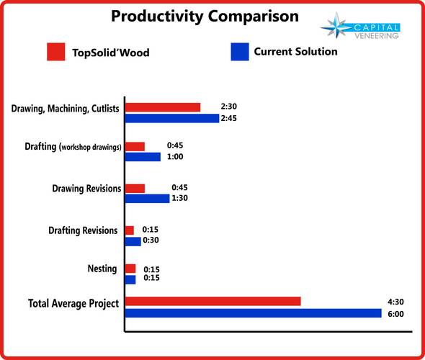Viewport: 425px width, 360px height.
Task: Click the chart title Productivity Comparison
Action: click(x=205, y=17)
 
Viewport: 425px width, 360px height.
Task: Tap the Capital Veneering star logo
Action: click(x=336, y=26)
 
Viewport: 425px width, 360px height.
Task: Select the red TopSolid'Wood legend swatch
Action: click(x=56, y=52)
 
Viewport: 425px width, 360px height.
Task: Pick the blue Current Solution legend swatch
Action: click(x=240, y=52)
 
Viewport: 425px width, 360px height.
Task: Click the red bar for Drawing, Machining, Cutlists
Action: click(x=163, y=107)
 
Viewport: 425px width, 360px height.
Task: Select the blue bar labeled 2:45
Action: click(x=172, y=118)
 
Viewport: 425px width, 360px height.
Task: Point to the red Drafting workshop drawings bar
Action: click(x=135, y=147)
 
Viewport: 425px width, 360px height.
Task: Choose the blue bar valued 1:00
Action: click(x=143, y=157)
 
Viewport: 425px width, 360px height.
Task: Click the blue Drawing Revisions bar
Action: click(x=148, y=199)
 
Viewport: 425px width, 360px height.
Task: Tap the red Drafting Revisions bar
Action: click(x=130, y=230)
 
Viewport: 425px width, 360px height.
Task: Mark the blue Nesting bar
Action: click(x=130, y=280)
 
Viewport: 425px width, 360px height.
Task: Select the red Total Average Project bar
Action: click(x=213, y=301)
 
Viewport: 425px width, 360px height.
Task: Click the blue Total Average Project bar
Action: click(x=254, y=313)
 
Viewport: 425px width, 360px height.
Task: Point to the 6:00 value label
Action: click(x=395, y=314)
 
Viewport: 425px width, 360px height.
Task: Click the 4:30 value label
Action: click(x=395, y=302)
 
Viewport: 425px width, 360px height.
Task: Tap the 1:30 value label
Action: click(x=179, y=198)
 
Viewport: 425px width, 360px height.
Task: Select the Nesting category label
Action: click(x=102, y=269)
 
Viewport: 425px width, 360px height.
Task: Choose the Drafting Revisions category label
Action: click(x=83, y=230)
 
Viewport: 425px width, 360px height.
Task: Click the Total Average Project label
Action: click(x=73, y=303)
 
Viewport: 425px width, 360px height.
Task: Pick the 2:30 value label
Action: click(x=229, y=107)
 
